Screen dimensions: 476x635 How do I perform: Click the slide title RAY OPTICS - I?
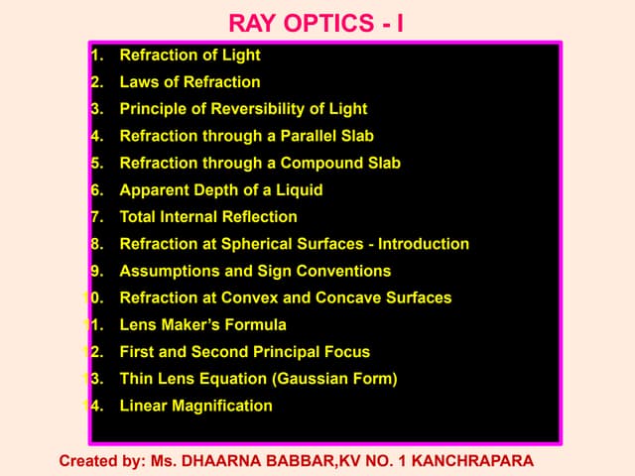(316, 22)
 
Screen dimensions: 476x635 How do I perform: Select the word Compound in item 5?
(317, 163)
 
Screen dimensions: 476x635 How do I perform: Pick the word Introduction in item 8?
(424, 244)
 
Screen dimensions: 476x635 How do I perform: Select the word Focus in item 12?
(346, 351)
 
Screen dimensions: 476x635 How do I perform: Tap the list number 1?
(96, 56)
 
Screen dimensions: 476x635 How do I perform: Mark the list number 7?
(96, 216)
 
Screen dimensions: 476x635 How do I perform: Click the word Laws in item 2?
(138, 82)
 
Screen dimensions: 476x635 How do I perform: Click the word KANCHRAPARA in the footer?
(471, 461)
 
